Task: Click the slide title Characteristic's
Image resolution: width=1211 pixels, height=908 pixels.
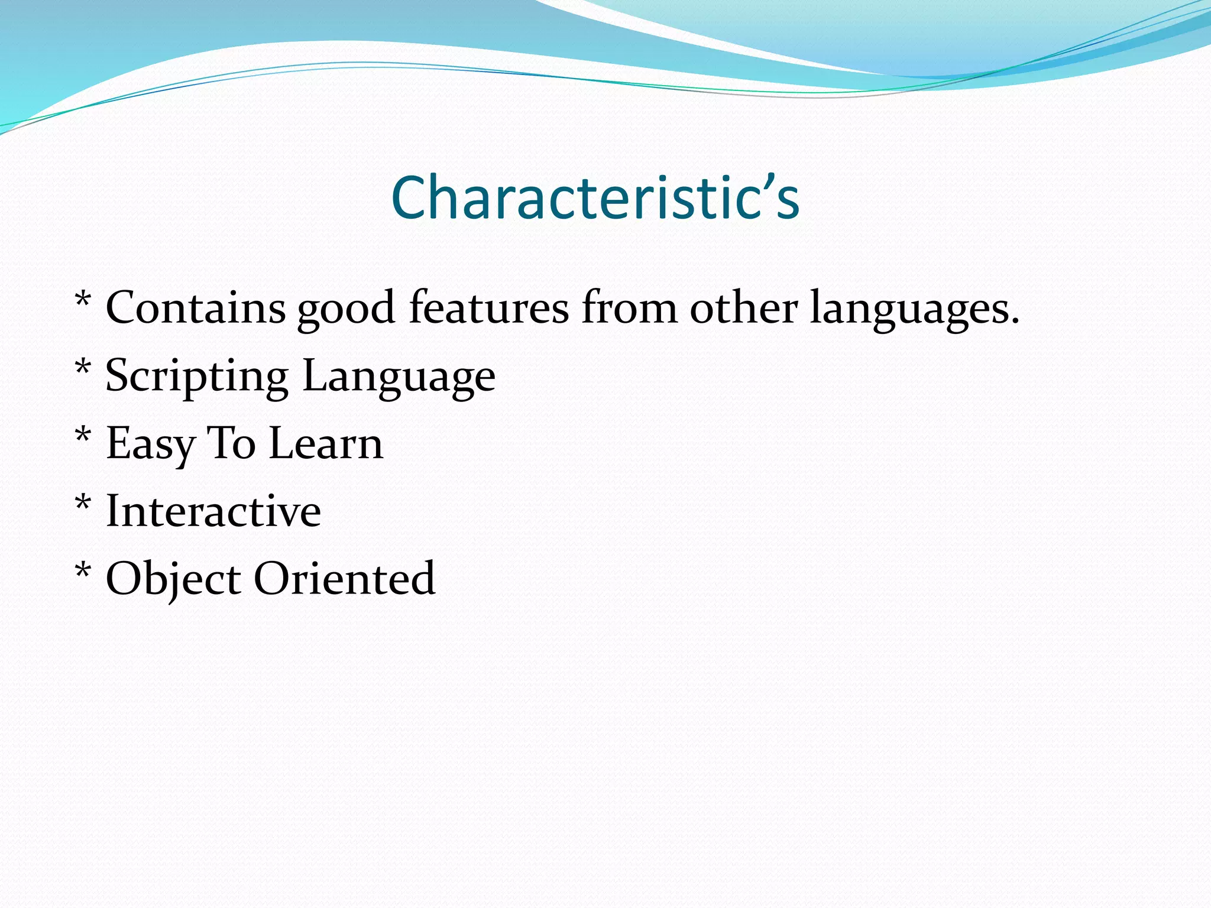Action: click(x=595, y=197)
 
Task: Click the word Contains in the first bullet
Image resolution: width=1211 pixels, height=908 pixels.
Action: click(x=195, y=308)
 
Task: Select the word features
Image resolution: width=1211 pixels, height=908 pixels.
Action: click(x=488, y=308)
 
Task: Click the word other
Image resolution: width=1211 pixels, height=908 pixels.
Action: click(x=743, y=308)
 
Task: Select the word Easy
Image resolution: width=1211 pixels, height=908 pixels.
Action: click(x=150, y=445)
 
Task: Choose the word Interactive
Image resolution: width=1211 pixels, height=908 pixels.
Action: click(x=213, y=511)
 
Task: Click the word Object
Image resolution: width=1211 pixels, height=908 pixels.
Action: click(x=173, y=579)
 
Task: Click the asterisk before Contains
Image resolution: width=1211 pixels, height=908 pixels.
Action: click(x=83, y=300)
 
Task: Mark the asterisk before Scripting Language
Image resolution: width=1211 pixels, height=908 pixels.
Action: click(x=83, y=367)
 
